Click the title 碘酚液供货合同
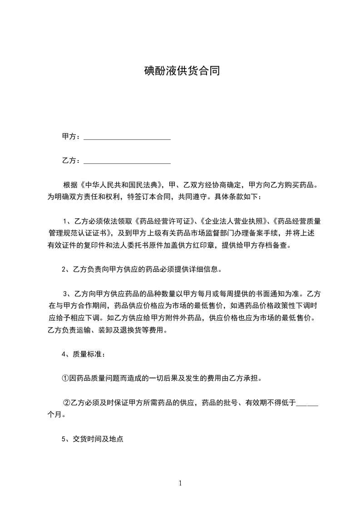click(x=182, y=71)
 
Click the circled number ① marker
click(x=65, y=377)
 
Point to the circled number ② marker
click(x=66, y=402)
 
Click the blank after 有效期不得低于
click(x=307, y=402)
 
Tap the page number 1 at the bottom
click(x=180, y=483)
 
